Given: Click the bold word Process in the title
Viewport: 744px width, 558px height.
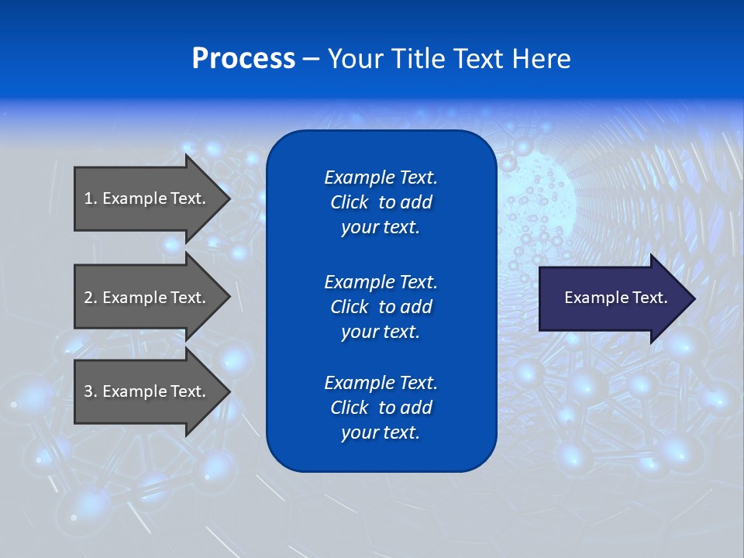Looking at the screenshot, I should click(x=243, y=59).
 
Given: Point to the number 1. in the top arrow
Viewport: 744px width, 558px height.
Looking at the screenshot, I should click(x=91, y=198).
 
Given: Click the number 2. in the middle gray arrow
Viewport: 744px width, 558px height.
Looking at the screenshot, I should click(x=91, y=298).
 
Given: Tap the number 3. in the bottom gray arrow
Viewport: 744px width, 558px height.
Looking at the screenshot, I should click(x=91, y=391).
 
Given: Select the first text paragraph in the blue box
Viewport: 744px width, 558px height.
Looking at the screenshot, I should click(x=381, y=202).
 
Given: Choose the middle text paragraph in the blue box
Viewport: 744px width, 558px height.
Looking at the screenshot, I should click(x=381, y=307).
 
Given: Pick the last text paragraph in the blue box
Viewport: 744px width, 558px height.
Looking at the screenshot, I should click(x=381, y=408).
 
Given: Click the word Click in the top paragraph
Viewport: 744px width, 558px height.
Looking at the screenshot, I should click(x=349, y=202).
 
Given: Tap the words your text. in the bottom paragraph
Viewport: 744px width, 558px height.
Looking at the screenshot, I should click(x=381, y=432).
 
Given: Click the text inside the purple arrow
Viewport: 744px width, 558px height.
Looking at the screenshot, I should click(x=615, y=298).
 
